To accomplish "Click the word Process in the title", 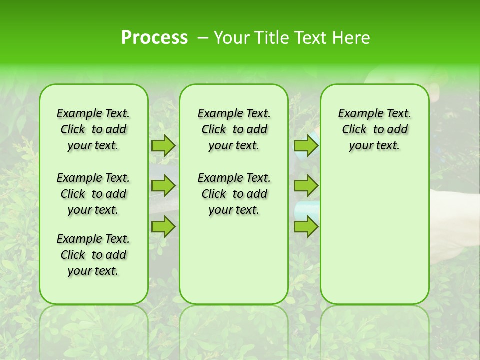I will (x=154, y=38).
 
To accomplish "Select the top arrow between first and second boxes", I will (x=163, y=145).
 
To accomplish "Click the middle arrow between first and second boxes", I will (x=163, y=186).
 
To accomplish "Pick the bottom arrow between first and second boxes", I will (x=163, y=227).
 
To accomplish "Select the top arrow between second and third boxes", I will (x=306, y=145).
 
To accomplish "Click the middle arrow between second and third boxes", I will (x=306, y=186).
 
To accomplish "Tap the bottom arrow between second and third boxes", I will (x=306, y=227).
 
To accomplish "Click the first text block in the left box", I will (x=93, y=129).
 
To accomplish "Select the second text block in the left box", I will (x=93, y=194).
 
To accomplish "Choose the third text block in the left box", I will (x=93, y=255).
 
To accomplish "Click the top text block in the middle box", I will (x=234, y=129).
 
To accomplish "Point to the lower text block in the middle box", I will (x=234, y=194).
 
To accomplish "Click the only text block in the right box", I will (x=374, y=129).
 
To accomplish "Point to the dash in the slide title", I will (x=203, y=38).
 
